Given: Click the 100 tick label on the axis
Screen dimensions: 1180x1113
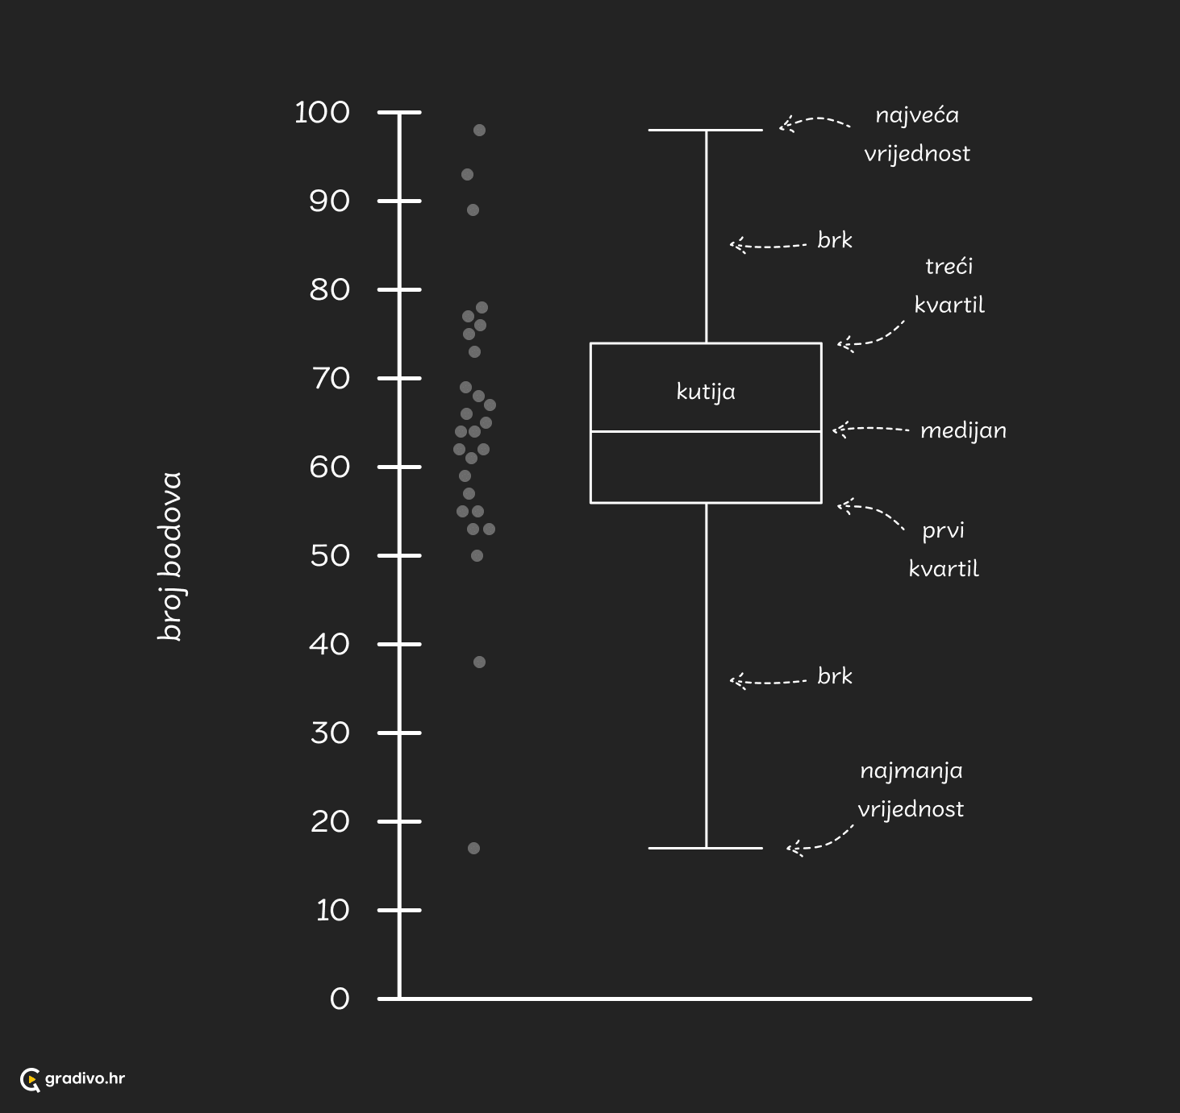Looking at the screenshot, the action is pyautogui.click(x=322, y=112).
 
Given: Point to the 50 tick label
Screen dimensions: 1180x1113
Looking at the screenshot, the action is pyautogui.click(x=330, y=556).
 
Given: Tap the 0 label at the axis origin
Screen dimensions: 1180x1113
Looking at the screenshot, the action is pyautogui.click(x=340, y=999).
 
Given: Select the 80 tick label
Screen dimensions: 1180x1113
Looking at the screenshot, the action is pyautogui.click(x=329, y=290).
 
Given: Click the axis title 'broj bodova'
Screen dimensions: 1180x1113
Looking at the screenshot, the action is pyautogui.click(x=170, y=556).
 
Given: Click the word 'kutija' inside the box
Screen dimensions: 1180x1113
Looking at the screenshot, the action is pyautogui.click(x=706, y=392).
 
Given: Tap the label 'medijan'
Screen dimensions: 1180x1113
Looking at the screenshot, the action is pyautogui.click(x=963, y=430).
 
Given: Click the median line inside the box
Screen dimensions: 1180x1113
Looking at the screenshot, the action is pyautogui.click(x=706, y=431).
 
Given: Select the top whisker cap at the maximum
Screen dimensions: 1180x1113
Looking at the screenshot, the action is pyautogui.click(x=705, y=130).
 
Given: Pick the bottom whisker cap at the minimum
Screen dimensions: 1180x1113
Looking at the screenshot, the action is pyautogui.click(x=705, y=848).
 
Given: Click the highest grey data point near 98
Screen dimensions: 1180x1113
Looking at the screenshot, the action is pyautogui.click(x=479, y=130).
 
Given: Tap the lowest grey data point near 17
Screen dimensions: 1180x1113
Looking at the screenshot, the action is pyautogui.click(x=473, y=848).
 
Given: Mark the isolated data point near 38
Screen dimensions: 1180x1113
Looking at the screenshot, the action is pyautogui.click(x=479, y=662).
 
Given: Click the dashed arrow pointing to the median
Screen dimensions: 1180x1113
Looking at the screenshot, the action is pyautogui.click(x=870, y=429).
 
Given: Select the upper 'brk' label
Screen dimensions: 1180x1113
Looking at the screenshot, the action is pyautogui.click(x=835, y=240).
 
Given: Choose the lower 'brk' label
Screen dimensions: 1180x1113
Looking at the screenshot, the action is pyautogui.click(x=835, y=676).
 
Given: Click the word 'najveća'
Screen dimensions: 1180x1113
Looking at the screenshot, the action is pyautogui.click(x=917, y=115).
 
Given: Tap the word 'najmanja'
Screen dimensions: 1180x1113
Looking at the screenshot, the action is pyautogui.click(x=911, y=771).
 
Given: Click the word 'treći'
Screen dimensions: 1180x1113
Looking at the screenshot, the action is pyautogui.click(x=949, y=266).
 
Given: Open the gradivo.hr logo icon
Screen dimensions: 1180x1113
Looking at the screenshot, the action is pyautogui.click(x=31, y=1079).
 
